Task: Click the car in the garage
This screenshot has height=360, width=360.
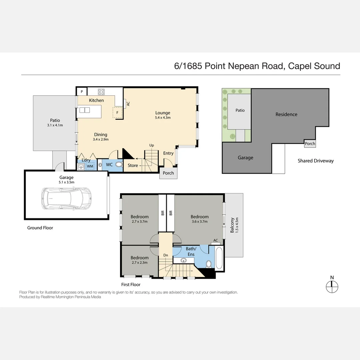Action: point(67,198)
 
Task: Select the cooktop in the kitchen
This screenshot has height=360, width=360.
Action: point(101,92)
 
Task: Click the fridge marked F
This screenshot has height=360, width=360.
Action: point(117,113)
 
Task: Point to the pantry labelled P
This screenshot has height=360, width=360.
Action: point(82,92)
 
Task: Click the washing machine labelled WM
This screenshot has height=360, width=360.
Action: point(90,166)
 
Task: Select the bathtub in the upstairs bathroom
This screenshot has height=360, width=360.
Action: point(219,258)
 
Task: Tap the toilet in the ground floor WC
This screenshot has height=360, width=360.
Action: point(119,164)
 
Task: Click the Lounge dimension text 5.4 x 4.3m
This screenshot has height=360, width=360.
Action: point(163,118)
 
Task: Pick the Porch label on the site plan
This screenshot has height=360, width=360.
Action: point(310,143)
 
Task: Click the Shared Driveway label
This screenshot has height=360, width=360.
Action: point(316,161)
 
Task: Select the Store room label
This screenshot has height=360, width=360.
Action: point(133,165)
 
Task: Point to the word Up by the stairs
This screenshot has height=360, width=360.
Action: point(152,145)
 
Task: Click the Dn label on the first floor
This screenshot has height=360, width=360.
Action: point(166,255)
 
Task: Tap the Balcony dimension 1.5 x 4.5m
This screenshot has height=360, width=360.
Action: point(237,225)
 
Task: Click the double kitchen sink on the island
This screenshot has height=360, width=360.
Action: point(84,110)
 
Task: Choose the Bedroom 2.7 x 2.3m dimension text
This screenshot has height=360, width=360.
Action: point(140,262)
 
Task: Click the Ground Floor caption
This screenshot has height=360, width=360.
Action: point(40,228)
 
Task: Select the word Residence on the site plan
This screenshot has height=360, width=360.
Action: point(286,114)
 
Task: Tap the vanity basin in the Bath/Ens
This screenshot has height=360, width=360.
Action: point(183,260)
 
